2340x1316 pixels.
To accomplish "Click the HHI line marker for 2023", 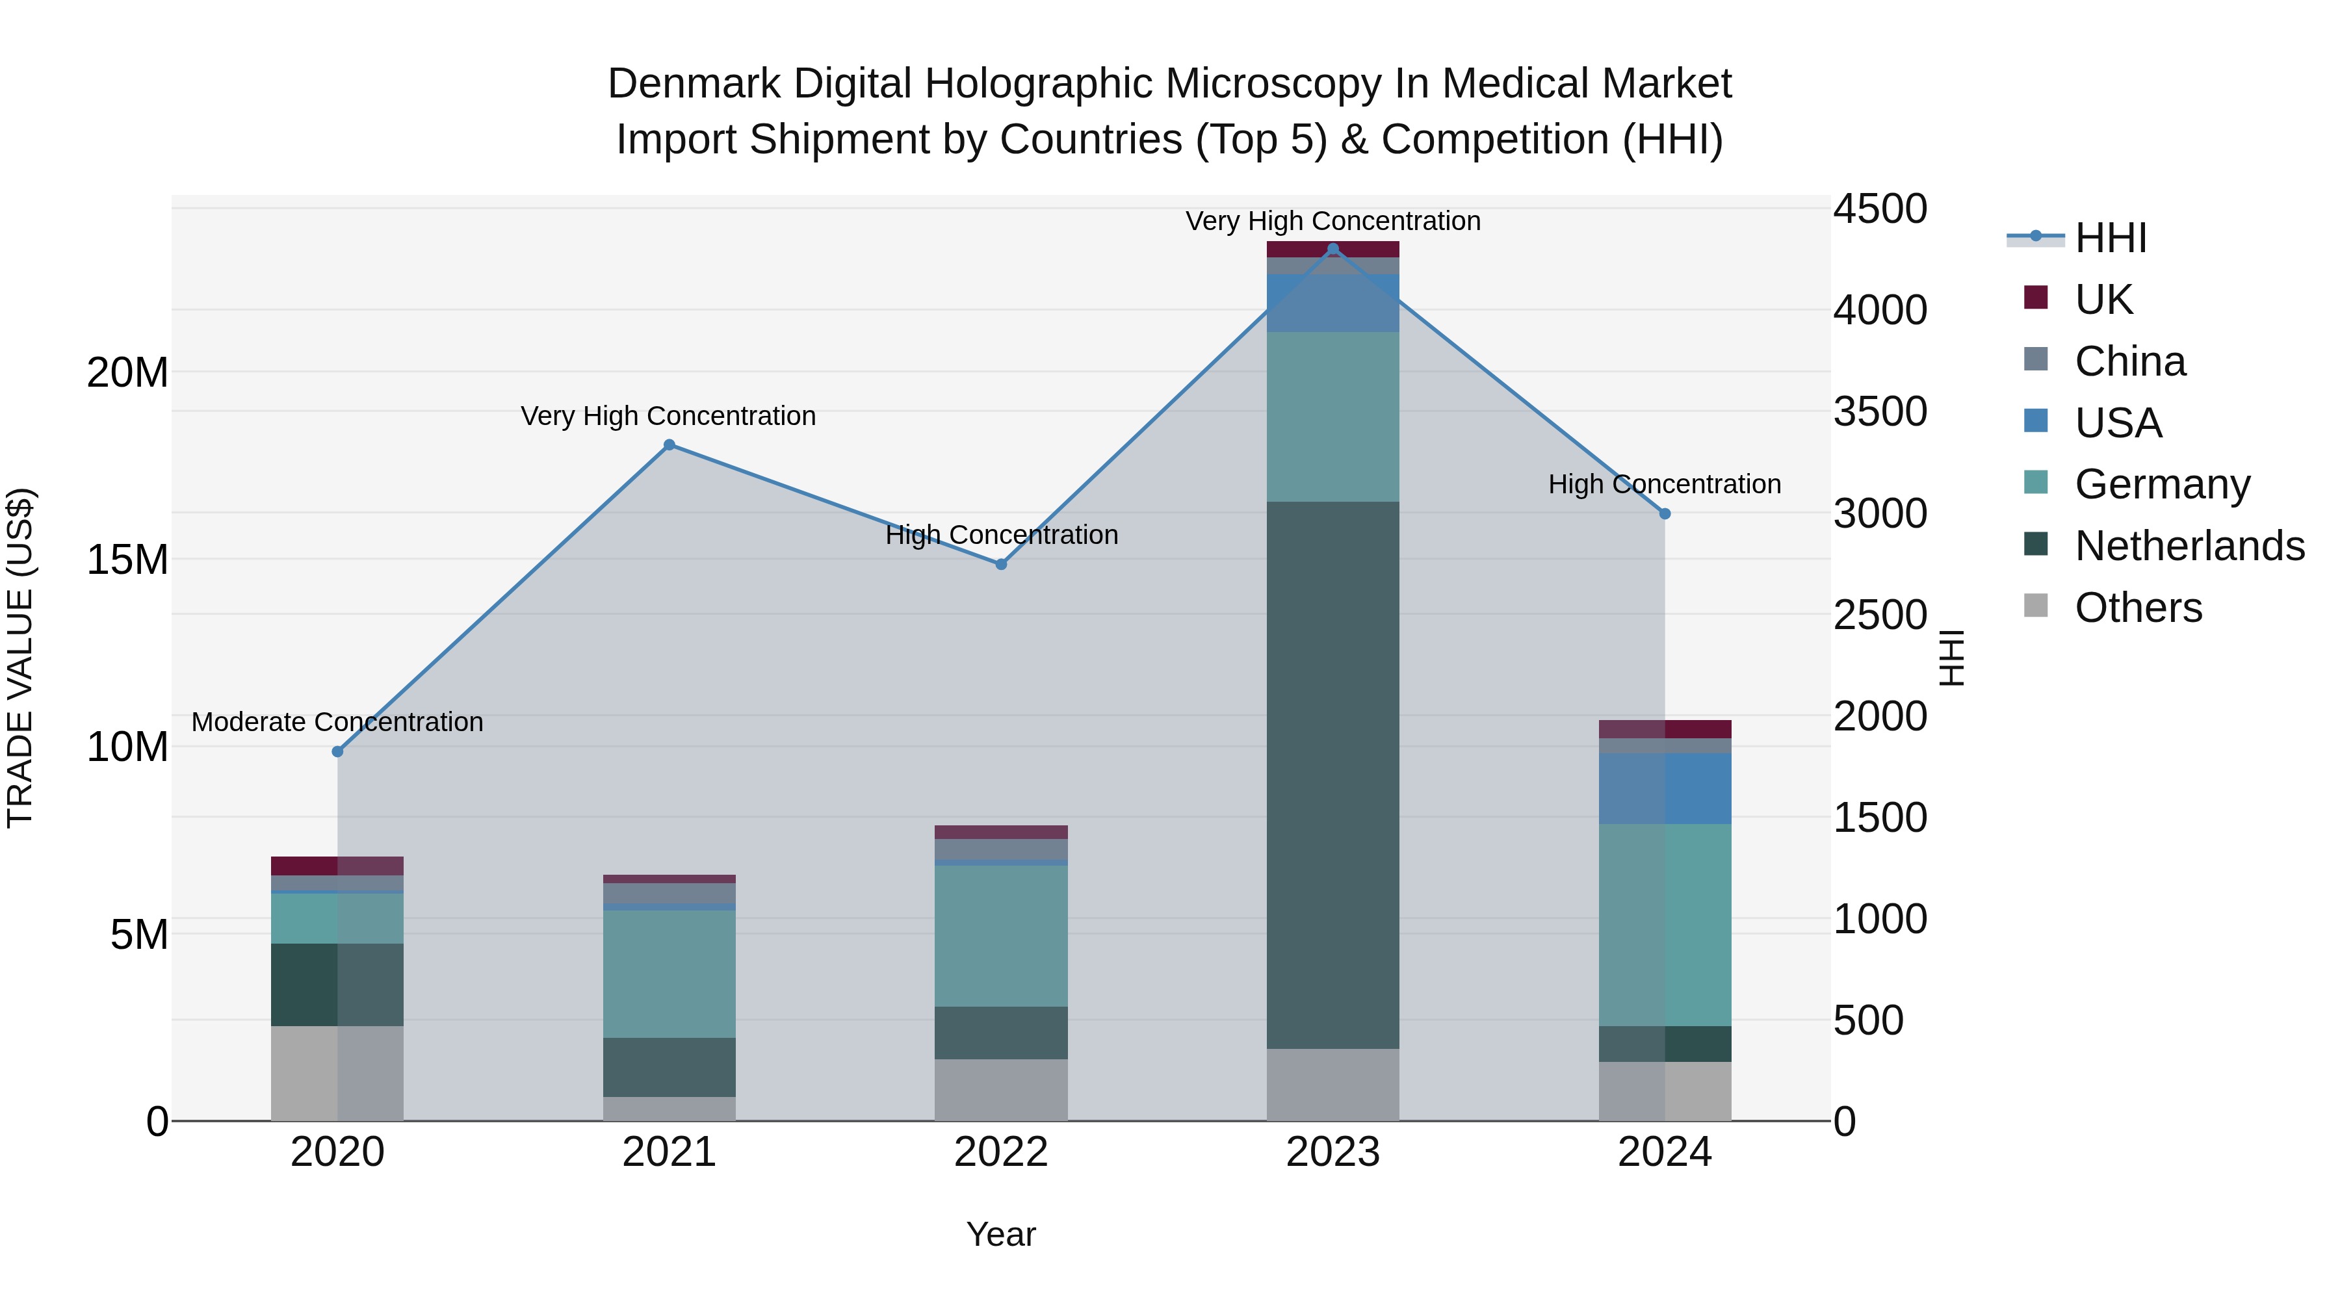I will [x=1332, y=249].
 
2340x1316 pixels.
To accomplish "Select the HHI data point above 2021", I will [x=669, y=445].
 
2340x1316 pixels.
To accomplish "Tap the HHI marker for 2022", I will [x=1001, y=564].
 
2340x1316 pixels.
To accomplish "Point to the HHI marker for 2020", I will [x=338, y=752].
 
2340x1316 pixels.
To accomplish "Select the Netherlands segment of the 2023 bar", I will [x=1332, y=775].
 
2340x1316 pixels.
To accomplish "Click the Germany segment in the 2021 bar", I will [x=669, y=974].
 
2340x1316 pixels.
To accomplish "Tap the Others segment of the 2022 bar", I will [x=1001, y=1090].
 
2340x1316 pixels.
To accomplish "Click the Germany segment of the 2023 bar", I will [x=1332, y=417].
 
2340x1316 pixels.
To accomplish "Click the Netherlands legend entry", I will [x=2189, y=547].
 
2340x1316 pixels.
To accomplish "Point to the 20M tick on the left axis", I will [x=127, y=372].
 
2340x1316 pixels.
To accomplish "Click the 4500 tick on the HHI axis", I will [x=1879, y=209].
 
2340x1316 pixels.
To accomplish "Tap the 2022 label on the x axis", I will [x=1001, y=1152].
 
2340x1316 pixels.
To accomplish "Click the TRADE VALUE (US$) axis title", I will [x=21, y=658].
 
